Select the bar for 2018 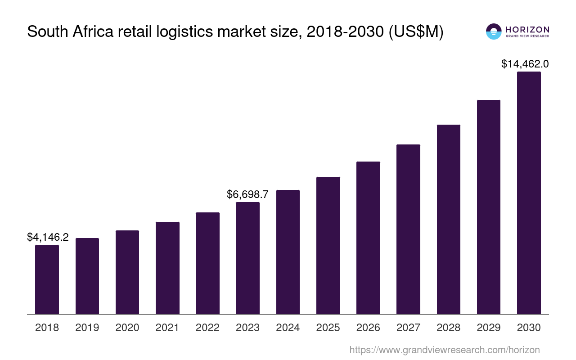click(47, 279)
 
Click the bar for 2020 click(127, 272)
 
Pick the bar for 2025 click(328, 245)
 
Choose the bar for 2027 click(408, 229)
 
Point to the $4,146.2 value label click(48, 237)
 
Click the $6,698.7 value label click(247, 194)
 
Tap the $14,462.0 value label click(525, 64)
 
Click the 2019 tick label click(87, 328)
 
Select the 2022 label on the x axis click(207, 328)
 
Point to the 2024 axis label click(288, 328)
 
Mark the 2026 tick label click(368, 328)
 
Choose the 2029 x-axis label click(489, 328)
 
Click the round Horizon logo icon click(494, 31)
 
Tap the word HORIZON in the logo click(527, 29)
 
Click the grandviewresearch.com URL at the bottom click(445, 350)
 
